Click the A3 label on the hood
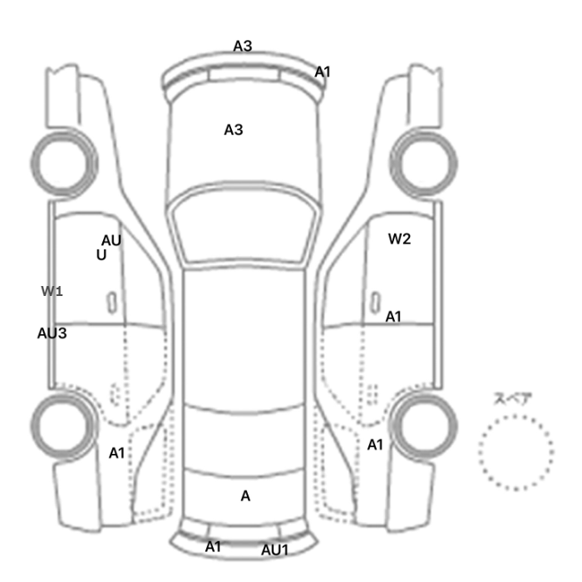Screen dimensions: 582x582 pos(234,130)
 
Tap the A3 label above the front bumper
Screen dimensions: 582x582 pos(243,46)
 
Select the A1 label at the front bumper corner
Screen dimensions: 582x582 pos(323,72)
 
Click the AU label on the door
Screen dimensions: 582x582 pos(111,240)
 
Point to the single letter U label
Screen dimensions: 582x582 pos(101,255)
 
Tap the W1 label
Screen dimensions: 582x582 pos(52,291)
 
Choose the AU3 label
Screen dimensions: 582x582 pos(52,333)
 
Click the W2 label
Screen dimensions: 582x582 pos(399,239)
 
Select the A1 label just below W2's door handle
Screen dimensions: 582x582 pos(393,317)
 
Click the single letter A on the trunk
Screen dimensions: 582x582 pos(245,496)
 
